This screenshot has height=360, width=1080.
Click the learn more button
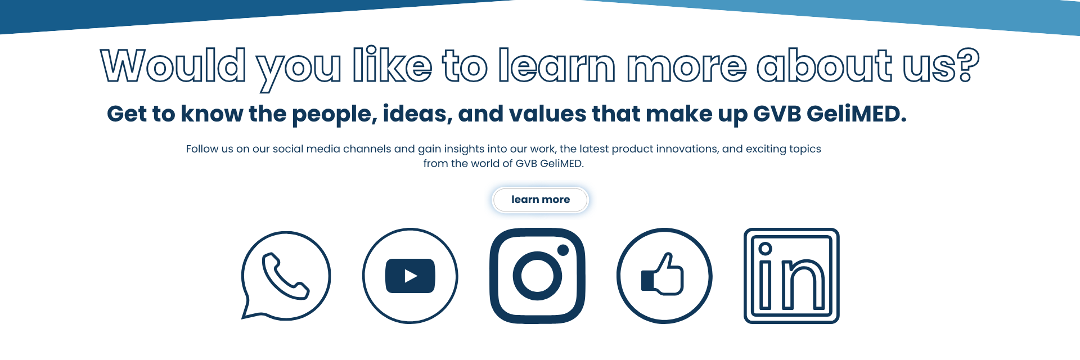pos(540,200)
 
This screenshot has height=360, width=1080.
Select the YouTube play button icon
pos(410,276)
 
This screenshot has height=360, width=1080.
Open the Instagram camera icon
pos(537,276)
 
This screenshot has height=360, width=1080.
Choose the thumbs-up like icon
pos(664,276)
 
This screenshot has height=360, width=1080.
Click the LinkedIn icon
pos(791,276)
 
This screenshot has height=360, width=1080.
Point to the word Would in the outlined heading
pos(173,65)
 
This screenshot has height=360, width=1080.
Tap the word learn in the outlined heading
pos(557,65)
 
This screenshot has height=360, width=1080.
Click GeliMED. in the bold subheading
pos(857,114)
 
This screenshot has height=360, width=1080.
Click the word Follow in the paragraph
pos(202,149)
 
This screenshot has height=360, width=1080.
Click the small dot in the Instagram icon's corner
pos(562,250)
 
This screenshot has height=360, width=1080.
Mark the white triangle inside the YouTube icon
pos(411,276)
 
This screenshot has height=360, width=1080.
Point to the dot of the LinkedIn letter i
pos(765,249)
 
